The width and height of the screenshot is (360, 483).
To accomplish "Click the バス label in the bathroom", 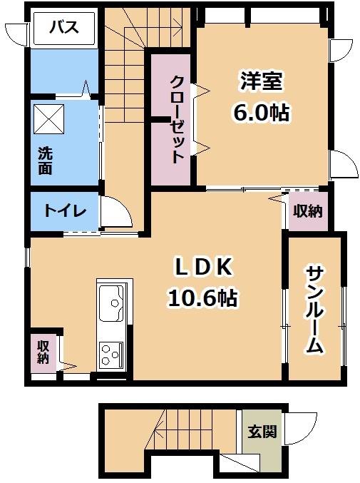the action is [64, 27].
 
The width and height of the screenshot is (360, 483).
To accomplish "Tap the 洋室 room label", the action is [262, 81].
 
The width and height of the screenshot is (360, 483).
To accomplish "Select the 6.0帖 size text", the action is [262, 113].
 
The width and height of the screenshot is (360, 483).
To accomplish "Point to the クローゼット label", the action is [178, 119].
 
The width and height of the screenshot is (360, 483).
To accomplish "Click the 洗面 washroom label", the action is [45, 161].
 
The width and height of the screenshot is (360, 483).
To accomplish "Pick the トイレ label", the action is [65, 211].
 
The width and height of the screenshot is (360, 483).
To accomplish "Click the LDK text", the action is [203, 267].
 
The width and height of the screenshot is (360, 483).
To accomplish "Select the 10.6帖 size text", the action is [202, 298].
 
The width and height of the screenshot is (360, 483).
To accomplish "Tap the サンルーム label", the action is [314, 310].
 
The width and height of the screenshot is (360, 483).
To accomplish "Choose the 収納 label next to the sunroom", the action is [307, 211].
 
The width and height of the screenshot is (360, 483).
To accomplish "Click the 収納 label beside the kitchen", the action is [43, 352].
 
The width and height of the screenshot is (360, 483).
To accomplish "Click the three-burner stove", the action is [111, 355].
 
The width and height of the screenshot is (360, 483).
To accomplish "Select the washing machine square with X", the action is [49, 119].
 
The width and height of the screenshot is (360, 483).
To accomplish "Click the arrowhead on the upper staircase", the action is [178, 23].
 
